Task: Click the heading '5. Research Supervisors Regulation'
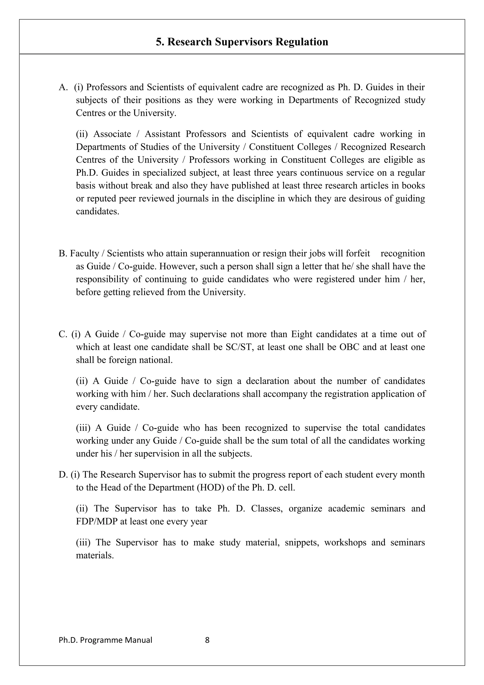point(242,42)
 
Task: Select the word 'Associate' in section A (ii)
point(112,134)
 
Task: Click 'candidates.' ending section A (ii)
point(98,212)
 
